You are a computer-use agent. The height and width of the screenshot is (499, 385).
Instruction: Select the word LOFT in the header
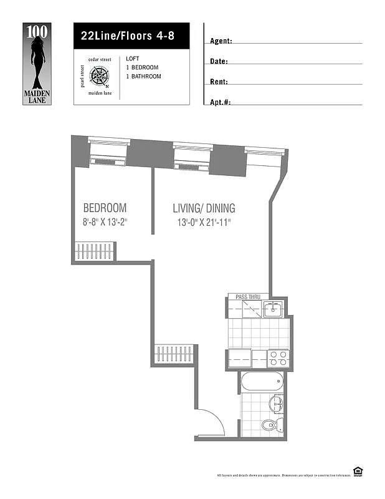(x=133, y=58)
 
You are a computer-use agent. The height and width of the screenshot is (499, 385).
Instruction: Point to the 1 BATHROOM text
(x=143, y=77)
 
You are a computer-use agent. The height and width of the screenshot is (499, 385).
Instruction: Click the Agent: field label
(x=221, y=41)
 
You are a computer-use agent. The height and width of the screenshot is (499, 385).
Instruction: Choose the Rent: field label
(x=219, y=82)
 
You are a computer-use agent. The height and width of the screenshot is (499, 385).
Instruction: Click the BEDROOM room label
(x=105, y=208)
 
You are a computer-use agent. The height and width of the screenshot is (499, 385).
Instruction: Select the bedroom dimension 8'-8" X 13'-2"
(x=105, y=222)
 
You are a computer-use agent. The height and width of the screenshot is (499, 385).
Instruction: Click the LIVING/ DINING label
(x=204, y=208)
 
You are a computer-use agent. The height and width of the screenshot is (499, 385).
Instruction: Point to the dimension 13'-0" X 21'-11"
(x=204, y=222)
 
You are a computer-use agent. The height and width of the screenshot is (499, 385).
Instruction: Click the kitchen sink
(x=272, y=309)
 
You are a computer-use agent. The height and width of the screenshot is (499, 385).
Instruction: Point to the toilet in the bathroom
(x=270, y=426)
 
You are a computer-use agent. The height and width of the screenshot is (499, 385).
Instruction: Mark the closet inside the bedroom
(x=95, y=253)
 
